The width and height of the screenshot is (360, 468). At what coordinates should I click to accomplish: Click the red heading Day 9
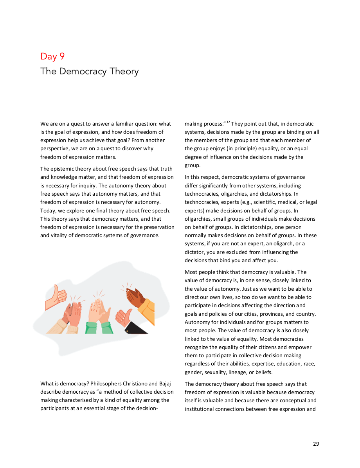tap(52, 56)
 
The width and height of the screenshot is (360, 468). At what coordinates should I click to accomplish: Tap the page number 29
tap(316, 444)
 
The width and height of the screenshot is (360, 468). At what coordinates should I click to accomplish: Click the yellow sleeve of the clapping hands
tap(148, 309)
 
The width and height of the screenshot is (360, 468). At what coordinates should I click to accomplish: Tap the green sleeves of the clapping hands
tap(99, 328)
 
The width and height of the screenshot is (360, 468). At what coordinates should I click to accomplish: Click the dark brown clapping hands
tap(135, 297)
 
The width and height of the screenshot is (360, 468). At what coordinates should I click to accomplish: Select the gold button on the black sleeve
tap(126, 331)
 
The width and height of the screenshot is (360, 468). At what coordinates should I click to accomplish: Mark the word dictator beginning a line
tap(194, 252)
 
